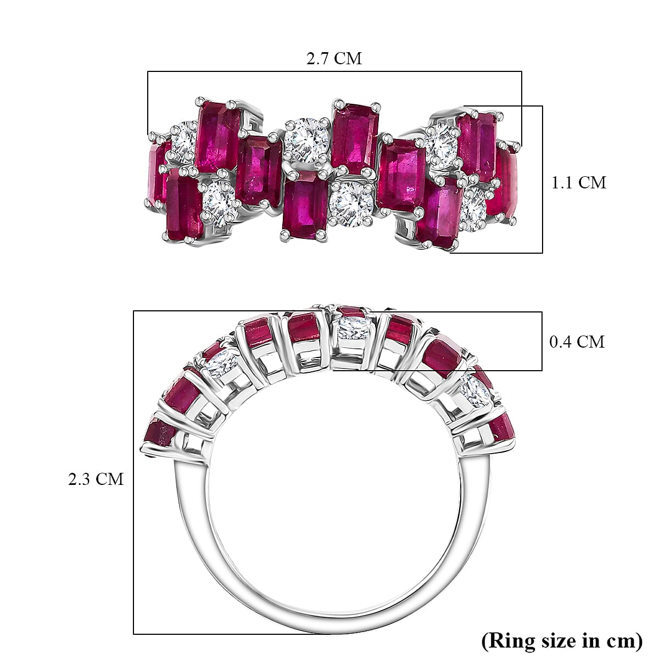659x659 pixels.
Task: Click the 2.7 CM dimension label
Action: tap(334, 58)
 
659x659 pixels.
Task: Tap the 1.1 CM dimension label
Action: tap(578, 182)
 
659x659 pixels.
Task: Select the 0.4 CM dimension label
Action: tap(577, 342)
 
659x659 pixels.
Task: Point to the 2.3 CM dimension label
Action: tap(96, 479)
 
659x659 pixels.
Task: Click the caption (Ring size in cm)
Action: tap(561, 640)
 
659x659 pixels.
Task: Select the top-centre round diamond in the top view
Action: tap(306, 139)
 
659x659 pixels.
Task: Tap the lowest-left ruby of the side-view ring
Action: tap(159, 433)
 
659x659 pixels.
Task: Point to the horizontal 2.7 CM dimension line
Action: tap(334, 71)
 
